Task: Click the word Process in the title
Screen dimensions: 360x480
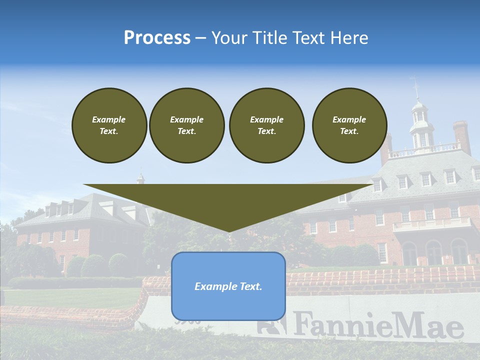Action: coord(157,37)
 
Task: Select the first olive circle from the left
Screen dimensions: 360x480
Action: coord(109,125)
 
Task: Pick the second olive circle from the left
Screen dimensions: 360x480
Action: coord(186,125)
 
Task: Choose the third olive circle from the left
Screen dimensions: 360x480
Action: coord(266,125)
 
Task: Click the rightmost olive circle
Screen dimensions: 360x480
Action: coord(349,125)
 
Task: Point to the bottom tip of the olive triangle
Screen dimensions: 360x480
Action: coord(228,231)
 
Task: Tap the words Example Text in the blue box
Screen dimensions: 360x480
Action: coord(228,286)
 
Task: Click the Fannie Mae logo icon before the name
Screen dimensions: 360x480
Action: coord(271,323)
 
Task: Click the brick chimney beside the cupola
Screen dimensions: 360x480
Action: coord(461,136)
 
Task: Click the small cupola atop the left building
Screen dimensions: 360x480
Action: coord(140,178)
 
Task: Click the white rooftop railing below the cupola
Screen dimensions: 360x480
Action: coord(425,149)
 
